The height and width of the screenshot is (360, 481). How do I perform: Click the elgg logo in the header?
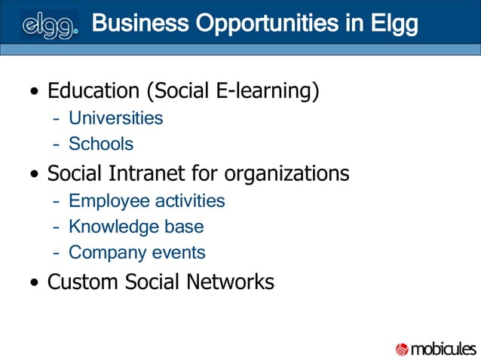50,25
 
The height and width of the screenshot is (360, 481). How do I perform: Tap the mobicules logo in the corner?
436,349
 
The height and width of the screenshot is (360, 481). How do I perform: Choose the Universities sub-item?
115,118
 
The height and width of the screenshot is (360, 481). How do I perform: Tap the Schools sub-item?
101,144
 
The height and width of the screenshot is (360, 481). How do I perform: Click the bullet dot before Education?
35,93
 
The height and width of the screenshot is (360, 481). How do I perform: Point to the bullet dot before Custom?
35,284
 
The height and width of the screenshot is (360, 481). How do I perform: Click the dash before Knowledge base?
57,227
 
